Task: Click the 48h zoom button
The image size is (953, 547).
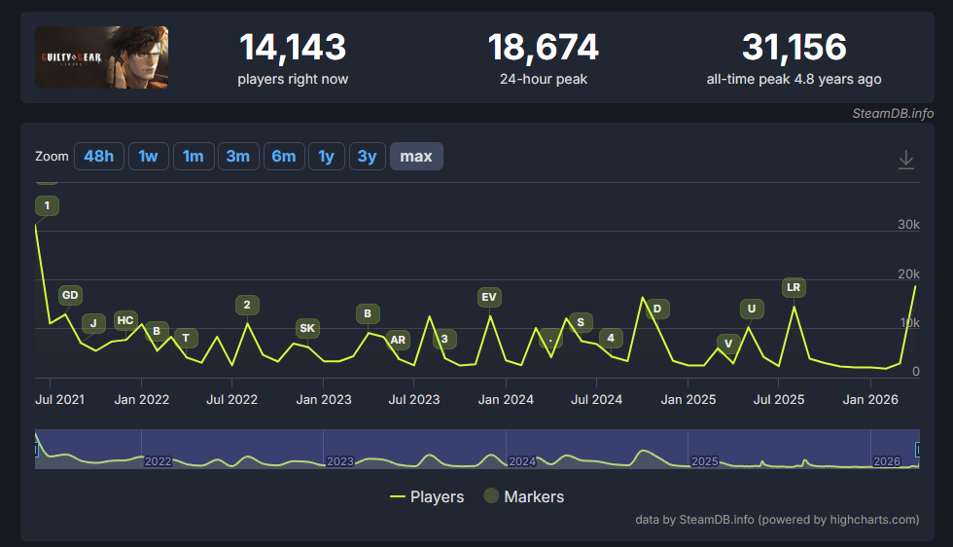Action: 99,156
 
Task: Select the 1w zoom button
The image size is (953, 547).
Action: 148,156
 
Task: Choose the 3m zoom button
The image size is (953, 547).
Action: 238,156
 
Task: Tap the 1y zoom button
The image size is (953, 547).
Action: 327,156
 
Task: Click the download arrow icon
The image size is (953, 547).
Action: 906,159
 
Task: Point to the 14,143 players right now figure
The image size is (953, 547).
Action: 293,47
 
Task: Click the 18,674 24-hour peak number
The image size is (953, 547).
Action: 543,47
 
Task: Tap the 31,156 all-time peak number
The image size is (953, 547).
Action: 794,47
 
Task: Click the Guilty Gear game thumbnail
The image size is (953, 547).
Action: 101,57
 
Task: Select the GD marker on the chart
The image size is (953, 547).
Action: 70,295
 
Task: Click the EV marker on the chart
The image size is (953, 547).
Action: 489,296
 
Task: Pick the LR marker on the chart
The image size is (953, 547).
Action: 794,287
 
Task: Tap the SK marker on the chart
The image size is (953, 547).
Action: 307,328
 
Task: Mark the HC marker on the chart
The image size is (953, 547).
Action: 125,320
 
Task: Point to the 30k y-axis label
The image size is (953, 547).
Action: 908,225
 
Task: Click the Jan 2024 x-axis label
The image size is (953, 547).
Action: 506,399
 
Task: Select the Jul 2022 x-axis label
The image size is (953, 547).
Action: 231,399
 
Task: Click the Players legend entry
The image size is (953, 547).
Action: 427,496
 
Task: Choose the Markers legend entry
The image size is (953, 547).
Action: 523,496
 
